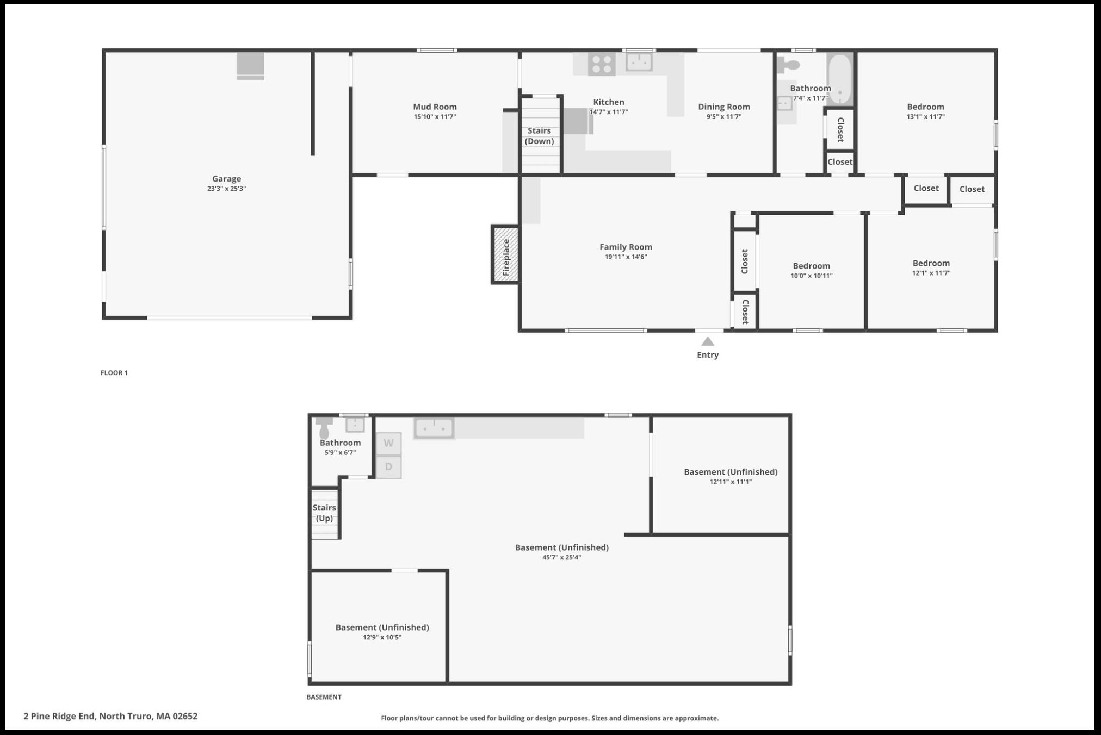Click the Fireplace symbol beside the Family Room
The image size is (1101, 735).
505,254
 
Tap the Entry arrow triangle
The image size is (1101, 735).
707,341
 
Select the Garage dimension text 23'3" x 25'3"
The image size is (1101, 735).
226,189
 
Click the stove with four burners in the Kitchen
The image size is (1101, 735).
602,64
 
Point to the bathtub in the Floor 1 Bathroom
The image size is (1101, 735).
840,79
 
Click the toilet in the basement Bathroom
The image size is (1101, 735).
324,428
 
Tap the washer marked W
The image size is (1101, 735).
388,444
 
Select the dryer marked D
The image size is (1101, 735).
388,467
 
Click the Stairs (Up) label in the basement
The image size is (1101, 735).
324,513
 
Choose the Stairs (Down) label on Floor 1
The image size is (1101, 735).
539,136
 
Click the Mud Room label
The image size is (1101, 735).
435,107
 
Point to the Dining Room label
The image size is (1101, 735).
724,107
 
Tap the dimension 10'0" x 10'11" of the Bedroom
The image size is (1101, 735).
811,276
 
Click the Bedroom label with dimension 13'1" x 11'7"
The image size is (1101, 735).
925,107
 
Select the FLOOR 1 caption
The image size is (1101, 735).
114,372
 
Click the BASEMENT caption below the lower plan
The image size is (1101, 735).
324,697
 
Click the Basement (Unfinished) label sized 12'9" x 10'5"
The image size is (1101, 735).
382,627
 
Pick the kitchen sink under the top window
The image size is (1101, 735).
639,62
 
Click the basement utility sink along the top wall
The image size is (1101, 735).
434,428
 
